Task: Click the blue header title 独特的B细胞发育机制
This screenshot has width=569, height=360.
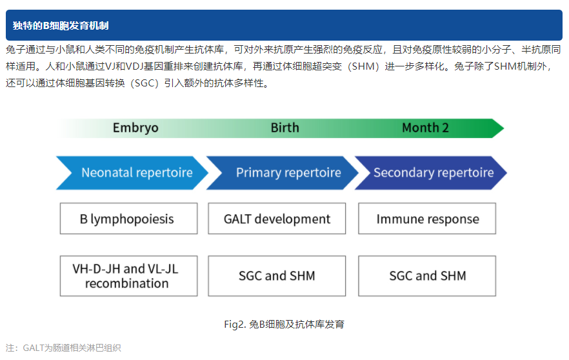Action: [x=61, y=26]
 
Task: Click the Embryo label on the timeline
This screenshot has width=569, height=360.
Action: [x=135, y=128]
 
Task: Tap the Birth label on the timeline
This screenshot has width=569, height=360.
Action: [x=284, y=128]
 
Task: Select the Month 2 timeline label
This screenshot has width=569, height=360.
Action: [x=425, y=128]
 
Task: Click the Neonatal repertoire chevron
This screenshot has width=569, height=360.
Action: [x=132, y=173]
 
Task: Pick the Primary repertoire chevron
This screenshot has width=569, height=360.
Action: [x=284, y=173]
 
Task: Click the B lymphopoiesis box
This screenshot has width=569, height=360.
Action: [x=128, y=219]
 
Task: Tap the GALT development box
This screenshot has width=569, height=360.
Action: [x=277, y=219]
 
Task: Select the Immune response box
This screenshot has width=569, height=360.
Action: [x=427, y=219]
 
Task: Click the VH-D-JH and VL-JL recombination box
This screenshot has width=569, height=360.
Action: [x=128, y=276]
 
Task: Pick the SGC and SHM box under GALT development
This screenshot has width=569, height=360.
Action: [x=277, y=276]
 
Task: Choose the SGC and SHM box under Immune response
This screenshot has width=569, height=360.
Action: [x=427, y=276]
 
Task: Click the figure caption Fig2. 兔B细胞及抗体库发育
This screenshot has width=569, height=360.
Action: [x=284, y=324]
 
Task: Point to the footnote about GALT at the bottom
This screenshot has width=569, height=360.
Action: [x=63, y=348]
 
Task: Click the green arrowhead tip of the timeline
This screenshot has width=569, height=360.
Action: [x=497, y=128]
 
